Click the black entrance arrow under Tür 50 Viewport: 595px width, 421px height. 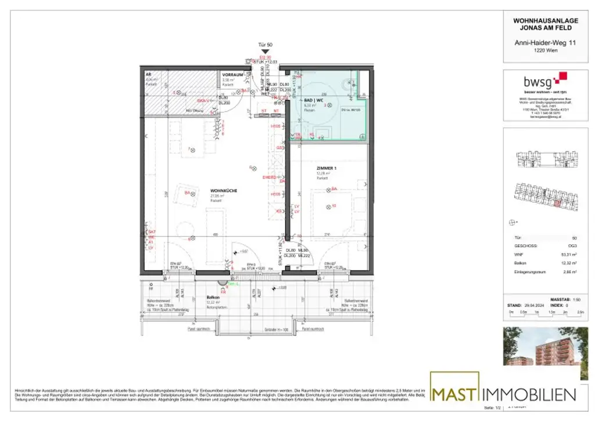tap(265, 52)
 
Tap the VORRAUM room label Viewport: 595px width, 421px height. tap(232, 75)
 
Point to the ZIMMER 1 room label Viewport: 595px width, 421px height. tap(326, 168)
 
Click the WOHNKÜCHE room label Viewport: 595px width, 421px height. tap(223, 190)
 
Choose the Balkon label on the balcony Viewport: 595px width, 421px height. tap(213, 297)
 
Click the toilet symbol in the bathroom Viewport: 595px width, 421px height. tap(350, 83)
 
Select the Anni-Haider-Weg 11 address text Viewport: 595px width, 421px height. tap(537, 42)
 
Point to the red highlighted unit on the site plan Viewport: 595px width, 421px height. tap(557, 203)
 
